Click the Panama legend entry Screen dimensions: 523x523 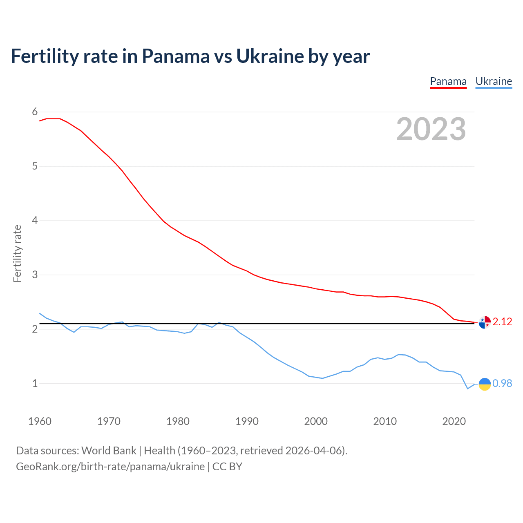pos(448,82)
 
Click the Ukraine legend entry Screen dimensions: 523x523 pos(494,82)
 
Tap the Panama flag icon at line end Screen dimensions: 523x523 pos(485,322)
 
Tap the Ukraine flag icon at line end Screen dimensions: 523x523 pos(485,384)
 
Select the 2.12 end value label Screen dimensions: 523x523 pos(502,322)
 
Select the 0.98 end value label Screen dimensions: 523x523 pos(502,384)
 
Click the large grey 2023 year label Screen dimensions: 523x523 pos(431,129)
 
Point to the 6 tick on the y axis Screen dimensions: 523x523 pos(35,112)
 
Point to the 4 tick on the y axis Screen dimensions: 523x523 pos(35,221)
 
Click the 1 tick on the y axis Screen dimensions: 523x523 pos(35,384)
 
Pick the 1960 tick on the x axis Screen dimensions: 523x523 pos(40,421)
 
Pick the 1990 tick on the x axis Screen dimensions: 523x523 pos(247,421)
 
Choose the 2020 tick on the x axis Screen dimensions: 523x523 pos(454,421)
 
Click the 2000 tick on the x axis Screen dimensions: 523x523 pos(316,421)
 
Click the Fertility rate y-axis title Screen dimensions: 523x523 pos(17,253)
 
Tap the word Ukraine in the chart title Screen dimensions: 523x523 pos(270,56)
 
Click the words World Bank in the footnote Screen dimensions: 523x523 pos(109,451)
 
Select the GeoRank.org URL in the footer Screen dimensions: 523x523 pos(110,467)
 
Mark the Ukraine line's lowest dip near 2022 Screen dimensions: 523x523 pos(468,389)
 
